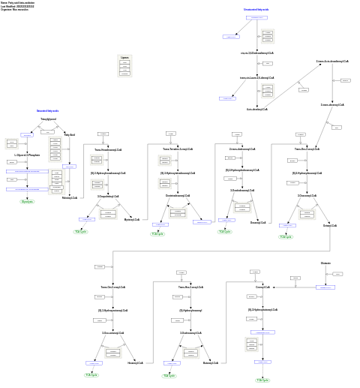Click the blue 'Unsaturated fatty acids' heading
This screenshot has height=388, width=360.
tap(256, 10)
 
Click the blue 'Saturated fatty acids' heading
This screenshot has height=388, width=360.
tap(47, 111)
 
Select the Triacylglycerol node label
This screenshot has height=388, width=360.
tap(48, 119)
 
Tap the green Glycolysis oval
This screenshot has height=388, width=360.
tap(27, 202)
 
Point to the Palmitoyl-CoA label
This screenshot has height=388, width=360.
tap(70, 198)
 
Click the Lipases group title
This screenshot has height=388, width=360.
tap(124, 57)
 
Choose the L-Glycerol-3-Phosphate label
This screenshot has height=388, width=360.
tap(27, 155)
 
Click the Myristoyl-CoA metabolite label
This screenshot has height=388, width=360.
tap(132, 220)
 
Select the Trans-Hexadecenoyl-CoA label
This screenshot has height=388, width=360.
tap(108, 149)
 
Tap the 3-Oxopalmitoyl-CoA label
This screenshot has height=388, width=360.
tap(108, 197)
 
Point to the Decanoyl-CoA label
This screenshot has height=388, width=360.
tap(258, 223)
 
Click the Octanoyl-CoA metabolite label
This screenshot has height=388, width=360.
tap(330, 225)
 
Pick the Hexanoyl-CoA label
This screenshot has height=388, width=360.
tap(135, 362)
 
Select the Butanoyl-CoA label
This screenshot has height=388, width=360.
tap(211, 362)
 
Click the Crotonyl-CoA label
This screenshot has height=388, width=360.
tap(262, 287)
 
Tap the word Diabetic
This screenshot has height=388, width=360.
tap(325, 263)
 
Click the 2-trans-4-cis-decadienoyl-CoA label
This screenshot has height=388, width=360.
tap(331, 62)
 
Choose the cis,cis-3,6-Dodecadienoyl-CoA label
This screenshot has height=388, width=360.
tap(257, 53)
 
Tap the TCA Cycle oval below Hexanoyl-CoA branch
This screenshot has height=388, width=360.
tap(91, 374)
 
